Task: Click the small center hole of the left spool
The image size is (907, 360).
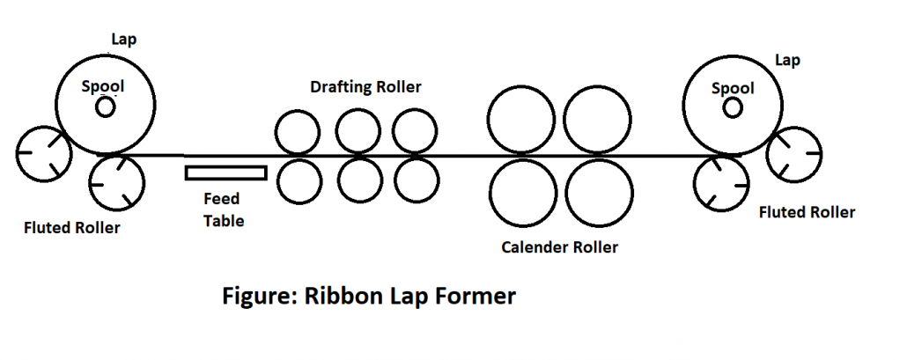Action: pyautogui.click(x=106, y=107)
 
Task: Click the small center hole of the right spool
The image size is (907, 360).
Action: pyautogui.click(x=733, y=107)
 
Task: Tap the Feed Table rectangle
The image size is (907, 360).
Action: pyautogui.click(x=225, y=172)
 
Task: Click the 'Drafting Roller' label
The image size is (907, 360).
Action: pyautogui.click(x=365, y=87)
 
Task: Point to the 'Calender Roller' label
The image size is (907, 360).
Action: pyautogui.click(x=559, y=247)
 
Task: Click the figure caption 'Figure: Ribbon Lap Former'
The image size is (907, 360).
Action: pyautogui.click(x=368, y=297)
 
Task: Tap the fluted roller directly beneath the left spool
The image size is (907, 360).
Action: pyautogui.click(x=116, y=182)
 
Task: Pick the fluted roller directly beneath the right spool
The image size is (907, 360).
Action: pyautogui.click(x=721, y=182)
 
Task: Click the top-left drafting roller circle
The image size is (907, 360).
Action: pyautogui.click(x=298, y=132)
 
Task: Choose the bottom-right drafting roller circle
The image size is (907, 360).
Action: pyautogui.click(x=417, y=180)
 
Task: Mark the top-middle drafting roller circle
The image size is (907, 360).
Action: pyautogui.click(x=357, y=132)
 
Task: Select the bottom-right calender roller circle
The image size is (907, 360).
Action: pyautogui.click(x=599, y=194)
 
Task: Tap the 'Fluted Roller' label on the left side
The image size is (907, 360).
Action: pyautogui.click(x=72, y=229)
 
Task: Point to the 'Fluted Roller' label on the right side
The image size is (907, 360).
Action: pyautogui.click(x=807, y=212)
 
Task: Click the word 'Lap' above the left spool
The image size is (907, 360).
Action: pyautogui.click(x=124, y=40)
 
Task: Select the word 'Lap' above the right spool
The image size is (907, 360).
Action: pyautogui.click(x=785, y=59)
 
